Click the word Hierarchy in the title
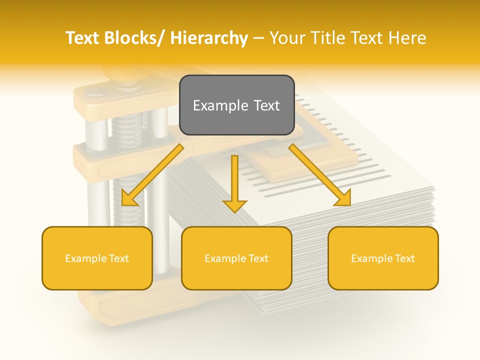pyautogui.click(x=209, y=38)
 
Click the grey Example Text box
pyautogui.click(x=236, y=105)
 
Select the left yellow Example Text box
pyautogui.click(x=97, y=258)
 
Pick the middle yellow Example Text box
pyautogui.click(x=236, y=258)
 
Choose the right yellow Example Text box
pyautogui.click(x=383, y=258)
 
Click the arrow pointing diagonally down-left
pyautogui.click(x=152, y=175)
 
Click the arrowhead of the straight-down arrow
pyautogui.click(x=235, y=205)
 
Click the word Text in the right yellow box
pyautogui.click(x=404, y=258)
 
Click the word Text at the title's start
pyautogui.click(x=83, y=38)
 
